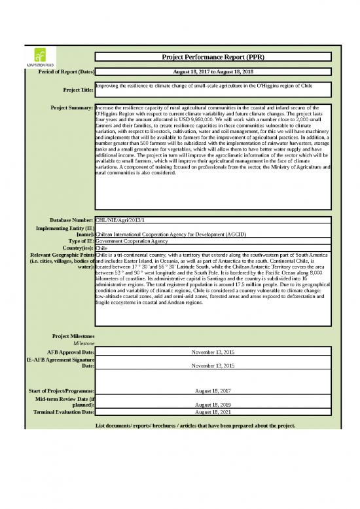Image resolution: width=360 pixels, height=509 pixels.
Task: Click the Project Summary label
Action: [71, 107]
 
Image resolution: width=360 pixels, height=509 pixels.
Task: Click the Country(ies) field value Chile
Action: [101, 248]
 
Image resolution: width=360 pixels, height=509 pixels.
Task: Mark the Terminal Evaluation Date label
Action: [62, 413]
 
